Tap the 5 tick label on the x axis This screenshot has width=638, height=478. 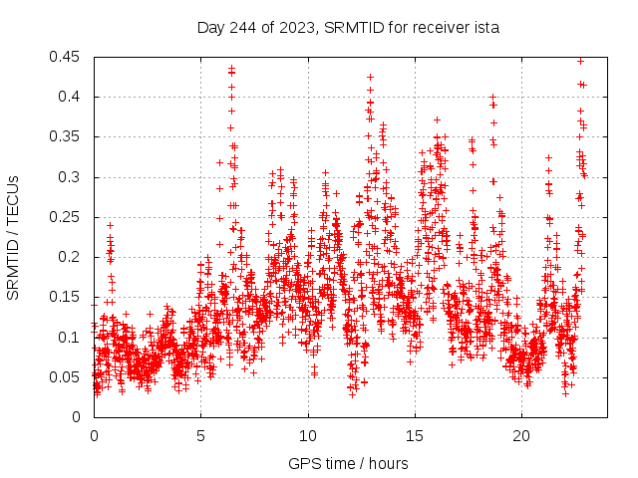pos(200,436)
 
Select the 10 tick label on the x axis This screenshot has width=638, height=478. pos(308,436)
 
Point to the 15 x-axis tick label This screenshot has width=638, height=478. pos(415,436)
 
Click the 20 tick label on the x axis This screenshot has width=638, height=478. pos(521,436)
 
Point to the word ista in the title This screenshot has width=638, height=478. pos(485,27)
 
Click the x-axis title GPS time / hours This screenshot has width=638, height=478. pos(348,463)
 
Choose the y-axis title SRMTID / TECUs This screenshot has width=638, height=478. pos(13,237)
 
